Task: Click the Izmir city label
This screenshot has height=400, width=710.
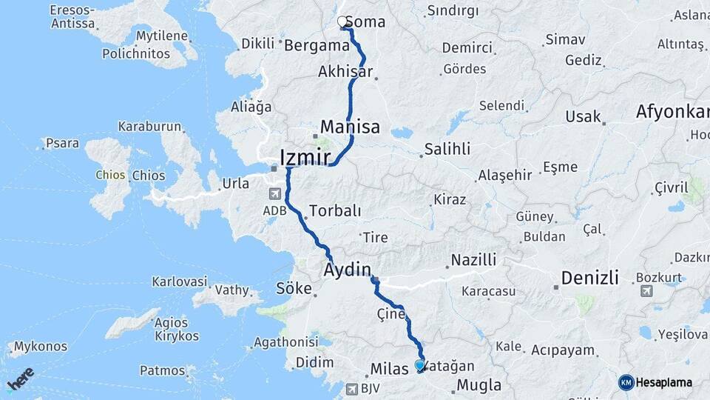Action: tap(306, 157)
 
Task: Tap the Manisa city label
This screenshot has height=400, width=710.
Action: tap(350, 127)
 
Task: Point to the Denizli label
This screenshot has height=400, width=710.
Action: tap(589, 278)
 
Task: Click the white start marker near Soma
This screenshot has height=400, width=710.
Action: tap(343, 22)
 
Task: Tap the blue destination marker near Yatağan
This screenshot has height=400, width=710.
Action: tap(420, 365)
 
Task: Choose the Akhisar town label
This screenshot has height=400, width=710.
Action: tap(344, 73)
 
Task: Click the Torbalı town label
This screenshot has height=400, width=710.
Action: tap(335, 211)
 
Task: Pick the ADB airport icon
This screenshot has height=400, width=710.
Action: tap(274, 195)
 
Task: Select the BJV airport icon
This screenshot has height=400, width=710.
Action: tap(351, 388)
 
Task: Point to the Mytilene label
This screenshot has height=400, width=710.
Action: tap(161, 36)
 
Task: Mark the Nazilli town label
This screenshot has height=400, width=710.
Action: tap(473, 260)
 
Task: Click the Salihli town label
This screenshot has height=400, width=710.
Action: tap(447, 149)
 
